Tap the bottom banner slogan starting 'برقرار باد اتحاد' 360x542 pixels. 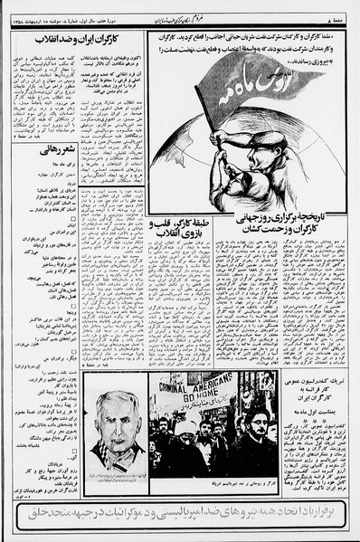pos(180,513)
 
